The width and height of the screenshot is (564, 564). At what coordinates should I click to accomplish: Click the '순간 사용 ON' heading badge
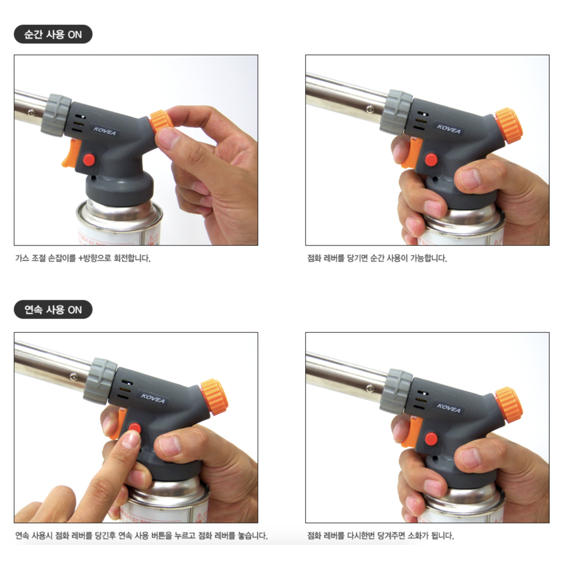click(x=53, y=35)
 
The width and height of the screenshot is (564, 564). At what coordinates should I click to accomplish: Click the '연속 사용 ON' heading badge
click(x=53, y=310)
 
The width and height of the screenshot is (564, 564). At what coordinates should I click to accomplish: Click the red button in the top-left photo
click(x=89, y=159)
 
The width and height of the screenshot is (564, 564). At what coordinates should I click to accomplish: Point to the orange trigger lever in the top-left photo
click(x=71, y=154)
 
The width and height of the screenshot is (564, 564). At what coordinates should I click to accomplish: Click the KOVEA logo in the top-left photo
click(x=105, y=131)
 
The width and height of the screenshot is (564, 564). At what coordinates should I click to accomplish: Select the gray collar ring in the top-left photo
click(x=56, y=115)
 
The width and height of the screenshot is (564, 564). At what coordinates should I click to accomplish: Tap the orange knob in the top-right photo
click(x=508, y=126)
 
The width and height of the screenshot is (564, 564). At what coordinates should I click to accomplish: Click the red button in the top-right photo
click(x=431, y=160)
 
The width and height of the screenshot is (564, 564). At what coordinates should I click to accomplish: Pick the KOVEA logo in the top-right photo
click(x=448, y=129)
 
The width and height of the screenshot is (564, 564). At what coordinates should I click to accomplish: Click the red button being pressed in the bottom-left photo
click(x=134, y=428)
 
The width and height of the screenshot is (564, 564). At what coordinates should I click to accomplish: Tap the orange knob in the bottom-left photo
click(x=214, y=397)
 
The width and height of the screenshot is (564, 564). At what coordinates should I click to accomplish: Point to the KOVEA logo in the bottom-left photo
click(x=153, y=398)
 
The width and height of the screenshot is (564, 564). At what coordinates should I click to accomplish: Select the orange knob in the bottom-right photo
click(x=509, y=405)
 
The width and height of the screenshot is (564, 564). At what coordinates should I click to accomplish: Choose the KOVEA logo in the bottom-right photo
click(x=448, y=408)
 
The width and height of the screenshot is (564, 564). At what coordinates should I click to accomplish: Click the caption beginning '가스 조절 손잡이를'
click(x=83, y=258)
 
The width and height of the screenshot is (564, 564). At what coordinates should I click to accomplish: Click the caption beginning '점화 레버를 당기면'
click(x=377, y=258)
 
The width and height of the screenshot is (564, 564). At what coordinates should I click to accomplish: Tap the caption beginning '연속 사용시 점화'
click(x=141, y=535)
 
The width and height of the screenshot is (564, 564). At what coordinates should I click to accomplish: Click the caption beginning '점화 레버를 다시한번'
click(x=381, y=535)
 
